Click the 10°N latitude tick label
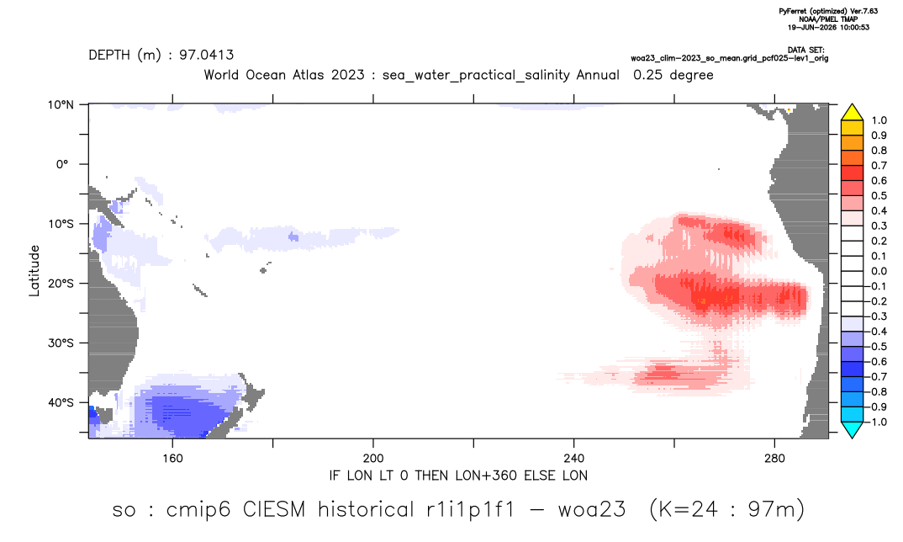click(x=61, y=105)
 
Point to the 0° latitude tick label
click(x=63, y=164)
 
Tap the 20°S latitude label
click(x=61, y=284)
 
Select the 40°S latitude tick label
click(x=61, y=402)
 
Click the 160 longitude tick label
click(x=172, y=459)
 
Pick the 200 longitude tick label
click(x=373, y=459)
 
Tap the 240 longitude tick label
click(x=574, y=459)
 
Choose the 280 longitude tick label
click(x=774, y=459)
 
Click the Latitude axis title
click(x=34, y=271)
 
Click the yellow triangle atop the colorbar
click(x=852, y=113)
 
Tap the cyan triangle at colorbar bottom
click(x=852, y=429)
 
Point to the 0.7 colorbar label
click(x=879, y=166)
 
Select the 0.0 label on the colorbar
click(x=879, y=271)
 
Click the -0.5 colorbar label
click(x=877, y=347)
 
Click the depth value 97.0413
click(x=206, y=56)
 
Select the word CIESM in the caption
click(x=274, y=510)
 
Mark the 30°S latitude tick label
click(x=61, y=343)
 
